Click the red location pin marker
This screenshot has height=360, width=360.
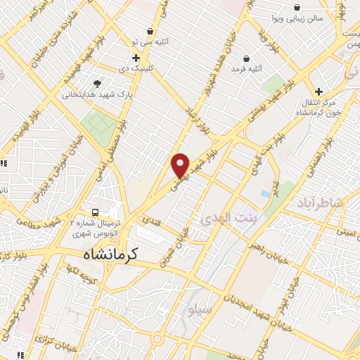181,165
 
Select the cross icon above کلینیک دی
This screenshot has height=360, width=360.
136,57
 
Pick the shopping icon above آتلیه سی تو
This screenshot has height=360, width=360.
150,31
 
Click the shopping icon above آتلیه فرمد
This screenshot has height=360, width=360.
246,58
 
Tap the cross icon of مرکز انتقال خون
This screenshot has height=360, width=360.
319,91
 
